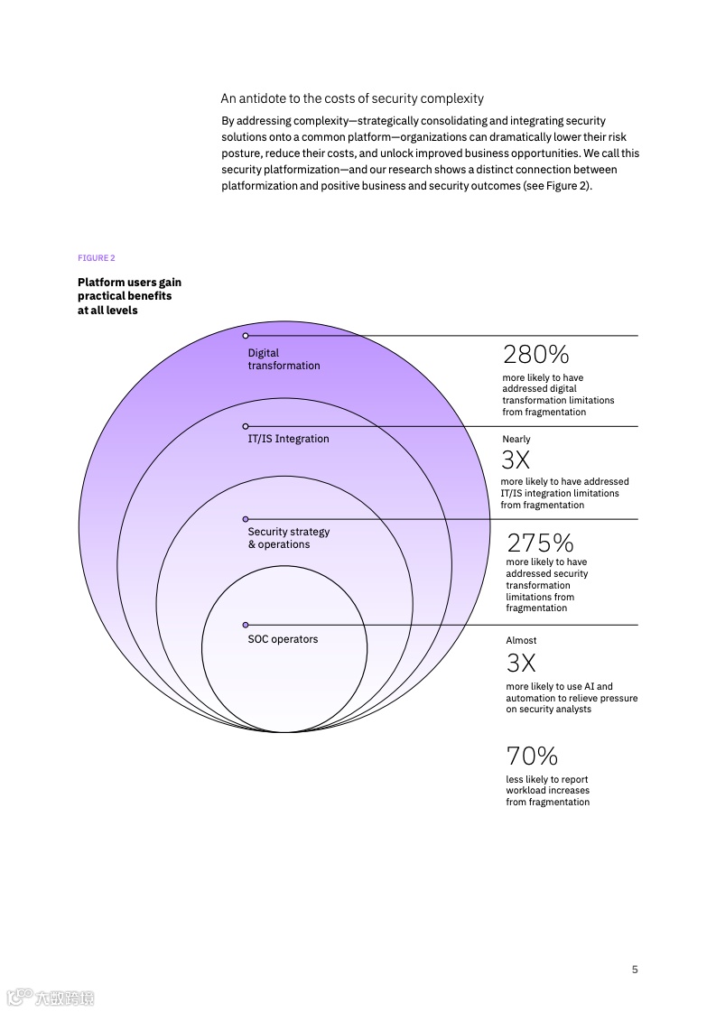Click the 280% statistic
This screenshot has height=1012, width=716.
pos(535,354)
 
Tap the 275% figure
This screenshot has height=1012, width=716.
pos(540,543)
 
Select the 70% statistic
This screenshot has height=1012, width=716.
pos(532,756)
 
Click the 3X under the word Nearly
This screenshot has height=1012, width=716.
pos(516,460)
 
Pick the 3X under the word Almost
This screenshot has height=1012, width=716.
pos(521,664)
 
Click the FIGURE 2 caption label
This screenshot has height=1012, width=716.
pos(97,258)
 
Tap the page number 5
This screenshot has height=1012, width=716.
pos(635,970)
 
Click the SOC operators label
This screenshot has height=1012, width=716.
pos(283,639)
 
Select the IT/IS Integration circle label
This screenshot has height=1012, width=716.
pos(288,439)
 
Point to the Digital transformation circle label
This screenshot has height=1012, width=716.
pos(284,359)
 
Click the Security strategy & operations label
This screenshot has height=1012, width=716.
pos(289,538)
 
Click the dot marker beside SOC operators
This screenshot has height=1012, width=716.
pos(246,625)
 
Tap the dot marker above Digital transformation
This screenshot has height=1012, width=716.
pos(246,336)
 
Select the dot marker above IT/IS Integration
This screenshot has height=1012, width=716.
pos(246,426)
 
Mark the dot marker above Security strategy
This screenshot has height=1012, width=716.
pos(246,519)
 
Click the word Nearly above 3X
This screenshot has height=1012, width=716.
pos(516,440)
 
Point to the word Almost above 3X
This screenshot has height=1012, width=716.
pos(521,640)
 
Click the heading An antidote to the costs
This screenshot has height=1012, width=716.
pos(352,98)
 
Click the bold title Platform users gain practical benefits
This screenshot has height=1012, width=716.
pos(129,296)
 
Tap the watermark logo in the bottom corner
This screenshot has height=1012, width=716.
pos(51,997)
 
